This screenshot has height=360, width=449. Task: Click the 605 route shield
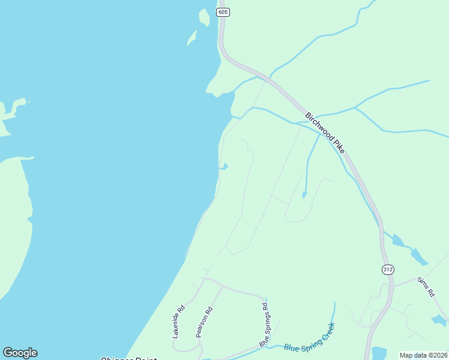(223, 12)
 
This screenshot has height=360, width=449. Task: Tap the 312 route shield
(387, 270)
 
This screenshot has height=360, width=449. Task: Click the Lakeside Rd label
(178, 323)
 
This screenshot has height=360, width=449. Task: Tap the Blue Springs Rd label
(264, 324)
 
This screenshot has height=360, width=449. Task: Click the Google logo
(20, 353)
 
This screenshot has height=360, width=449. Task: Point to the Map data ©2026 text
(423, 355)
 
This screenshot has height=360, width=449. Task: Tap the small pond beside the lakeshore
(224, 167)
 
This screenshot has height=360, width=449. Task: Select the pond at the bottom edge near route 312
(379, 353)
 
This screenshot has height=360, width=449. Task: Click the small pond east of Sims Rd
(439, 320)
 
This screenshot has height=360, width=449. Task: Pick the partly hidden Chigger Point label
(128, 358)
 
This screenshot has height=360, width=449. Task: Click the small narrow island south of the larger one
(191, 38)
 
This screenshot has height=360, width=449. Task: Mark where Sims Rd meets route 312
(393, 285)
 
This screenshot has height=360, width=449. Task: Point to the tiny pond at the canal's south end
(304, 194)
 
